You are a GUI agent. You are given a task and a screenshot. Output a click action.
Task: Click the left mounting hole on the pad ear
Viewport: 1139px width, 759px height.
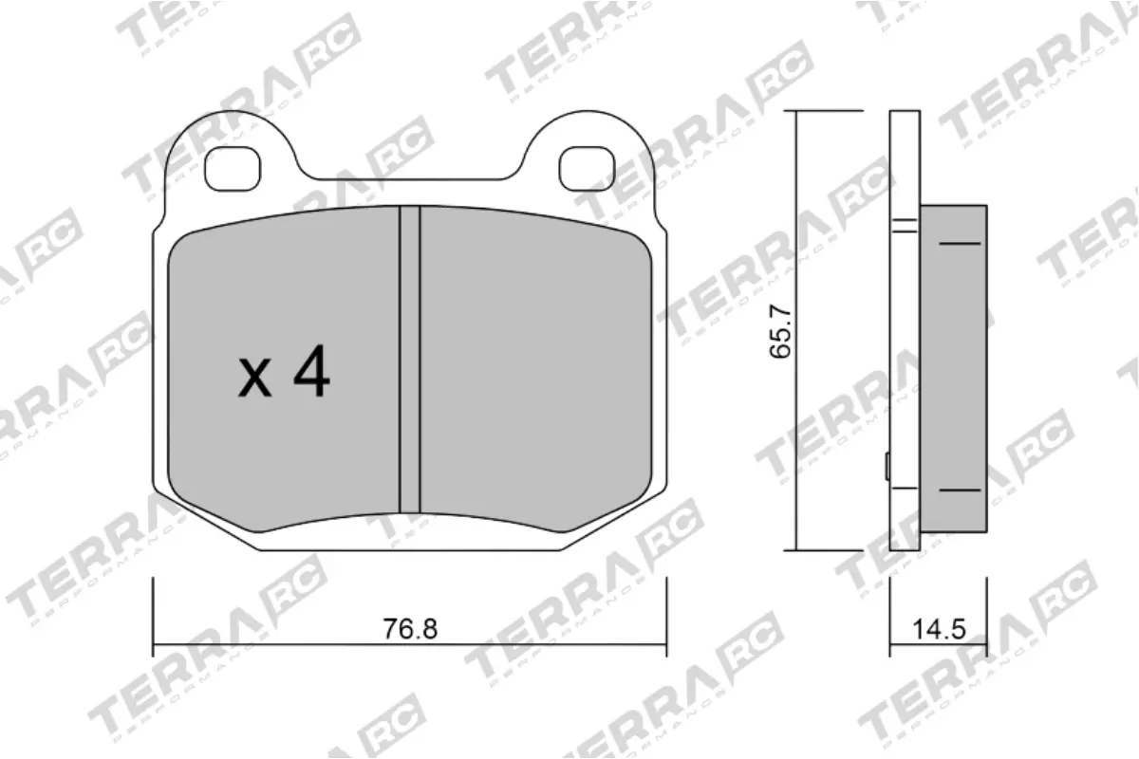click(x=232, y=169)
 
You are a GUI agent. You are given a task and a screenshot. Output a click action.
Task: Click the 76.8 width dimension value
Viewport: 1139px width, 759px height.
click(x=410, y=628)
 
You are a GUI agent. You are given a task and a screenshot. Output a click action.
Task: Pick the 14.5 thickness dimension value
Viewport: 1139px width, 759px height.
click(x=939, y=628)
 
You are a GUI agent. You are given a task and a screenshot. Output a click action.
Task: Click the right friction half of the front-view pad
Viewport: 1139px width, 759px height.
click(x=532, y=370)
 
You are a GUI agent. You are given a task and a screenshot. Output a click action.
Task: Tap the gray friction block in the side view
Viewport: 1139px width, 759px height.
click(x=954, y=370)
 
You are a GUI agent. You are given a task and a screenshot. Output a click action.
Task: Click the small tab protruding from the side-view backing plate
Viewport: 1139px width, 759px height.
click(x=887, y=467)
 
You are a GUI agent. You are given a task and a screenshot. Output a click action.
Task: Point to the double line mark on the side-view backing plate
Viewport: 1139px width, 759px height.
click(x=905, y=226)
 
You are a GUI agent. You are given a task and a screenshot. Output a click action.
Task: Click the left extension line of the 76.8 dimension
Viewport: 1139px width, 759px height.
click(x=154, y=617)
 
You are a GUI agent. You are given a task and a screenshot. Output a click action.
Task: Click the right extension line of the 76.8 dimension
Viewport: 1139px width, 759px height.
click(x=666, y=617)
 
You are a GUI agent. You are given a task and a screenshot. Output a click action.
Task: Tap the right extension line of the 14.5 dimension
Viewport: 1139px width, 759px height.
click(x=987, y=617)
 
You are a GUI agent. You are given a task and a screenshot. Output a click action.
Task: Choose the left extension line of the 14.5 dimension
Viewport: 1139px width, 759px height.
click(x=890, y=617)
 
